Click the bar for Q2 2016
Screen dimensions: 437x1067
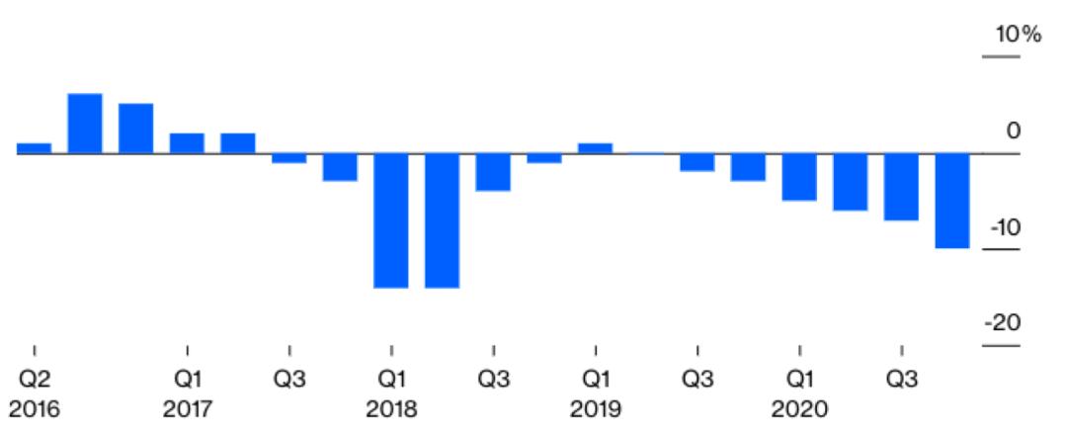(x=35, y=148)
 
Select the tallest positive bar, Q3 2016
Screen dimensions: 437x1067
(x=85, y=124)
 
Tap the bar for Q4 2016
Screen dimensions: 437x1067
(x=136, y=129)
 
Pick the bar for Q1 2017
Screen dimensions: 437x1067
(x=187, y=143)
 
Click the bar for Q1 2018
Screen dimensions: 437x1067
(x=391, y=220)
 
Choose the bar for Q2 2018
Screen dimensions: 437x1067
(x=443, y=220)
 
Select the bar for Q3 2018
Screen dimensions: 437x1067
(x=493, y=172)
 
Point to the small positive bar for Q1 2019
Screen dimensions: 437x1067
(x=596, y=148)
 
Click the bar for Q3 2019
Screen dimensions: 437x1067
(x=698, y=162)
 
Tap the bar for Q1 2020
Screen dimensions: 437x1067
(x=799, y=177)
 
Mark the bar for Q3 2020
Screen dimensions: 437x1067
(x=901, y=187)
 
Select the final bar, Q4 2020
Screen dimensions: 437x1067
(x=952, y=201)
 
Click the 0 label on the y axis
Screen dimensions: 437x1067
(x=1012, y=131)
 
